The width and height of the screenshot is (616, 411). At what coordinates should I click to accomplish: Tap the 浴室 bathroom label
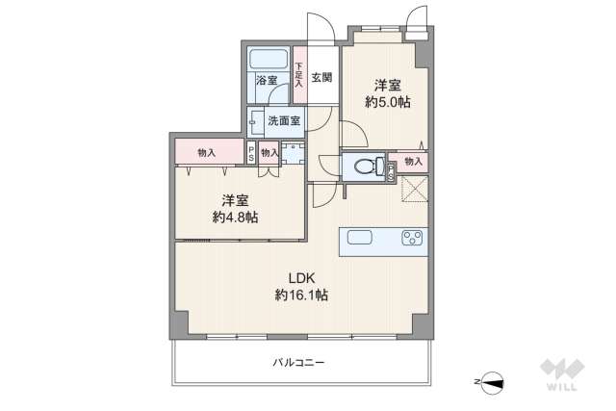tap(266, 81)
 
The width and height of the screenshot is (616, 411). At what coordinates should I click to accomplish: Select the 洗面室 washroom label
tap(283, 121)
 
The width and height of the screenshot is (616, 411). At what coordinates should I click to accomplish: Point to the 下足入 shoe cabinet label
tap(298, 76)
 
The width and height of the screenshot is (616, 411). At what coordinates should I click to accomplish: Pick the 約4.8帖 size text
tap(235, 218)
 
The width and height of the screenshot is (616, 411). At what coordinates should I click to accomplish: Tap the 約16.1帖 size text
tap(301, 295)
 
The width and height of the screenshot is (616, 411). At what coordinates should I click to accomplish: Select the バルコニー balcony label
tap(298, 363)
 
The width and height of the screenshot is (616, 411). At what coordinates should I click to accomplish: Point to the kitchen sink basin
tap(358, 239)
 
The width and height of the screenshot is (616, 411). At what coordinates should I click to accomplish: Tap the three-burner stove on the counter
tap(412, 239)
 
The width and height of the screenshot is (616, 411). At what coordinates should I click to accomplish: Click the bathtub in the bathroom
tap(269, 58)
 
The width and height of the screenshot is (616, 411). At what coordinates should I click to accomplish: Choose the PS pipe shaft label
tap(250, 153)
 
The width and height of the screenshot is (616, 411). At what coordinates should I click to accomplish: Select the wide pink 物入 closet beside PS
tap(205, 153)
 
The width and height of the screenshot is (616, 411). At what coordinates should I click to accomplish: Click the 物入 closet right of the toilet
tap(413, 162)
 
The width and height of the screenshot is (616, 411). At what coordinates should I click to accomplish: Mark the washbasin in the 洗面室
tap(254, 121)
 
